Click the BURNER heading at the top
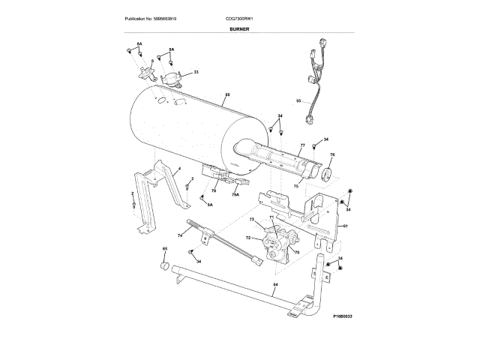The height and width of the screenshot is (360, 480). [x=239, y=28]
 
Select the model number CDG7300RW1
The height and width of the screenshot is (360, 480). [x=240, y=17]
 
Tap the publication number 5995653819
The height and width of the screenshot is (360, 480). [x=157, y=17]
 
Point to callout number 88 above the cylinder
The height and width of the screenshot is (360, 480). [x=227, y=95]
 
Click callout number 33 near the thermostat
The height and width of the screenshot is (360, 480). [x=196, y=72]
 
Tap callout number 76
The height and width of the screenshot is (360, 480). [x=332, y=155]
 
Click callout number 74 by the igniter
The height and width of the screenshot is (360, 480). [x=180, y=235]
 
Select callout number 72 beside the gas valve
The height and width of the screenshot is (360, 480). [x=247, y=237]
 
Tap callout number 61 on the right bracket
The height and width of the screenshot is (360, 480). [x=346, y=226]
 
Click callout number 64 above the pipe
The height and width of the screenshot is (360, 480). [x=275, y=286]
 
